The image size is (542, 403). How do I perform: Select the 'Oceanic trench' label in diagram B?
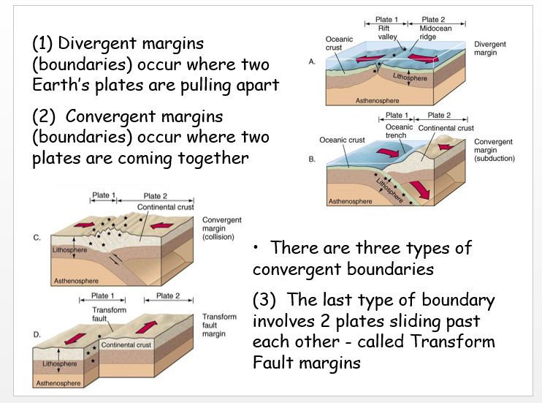pyautogui.click(x=400, y=132)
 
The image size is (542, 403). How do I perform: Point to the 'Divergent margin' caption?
pyautogui.click(x=489, y=48)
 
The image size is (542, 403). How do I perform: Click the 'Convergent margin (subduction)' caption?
pyautogui.click(x=495, y=150)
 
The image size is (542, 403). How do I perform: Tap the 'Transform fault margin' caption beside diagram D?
pyautogui.click(x=219, y=325)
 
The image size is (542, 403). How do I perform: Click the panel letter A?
pyautogui.click(x=312, y=62)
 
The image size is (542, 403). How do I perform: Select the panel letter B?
pyautogui.click(x=312, y=158)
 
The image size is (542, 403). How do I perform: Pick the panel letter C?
pyautogui.click(x=37, y=237)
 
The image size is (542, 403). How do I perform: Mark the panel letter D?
pyautogui.click(x=37, y=334)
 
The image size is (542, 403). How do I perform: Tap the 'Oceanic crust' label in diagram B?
pyautogui.click(x=342, y=140)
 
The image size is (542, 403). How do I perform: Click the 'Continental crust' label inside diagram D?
pyautogui.click(x=124, y=344)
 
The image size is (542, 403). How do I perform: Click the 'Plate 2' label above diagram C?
pyautogui.click(x=156, y=196)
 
